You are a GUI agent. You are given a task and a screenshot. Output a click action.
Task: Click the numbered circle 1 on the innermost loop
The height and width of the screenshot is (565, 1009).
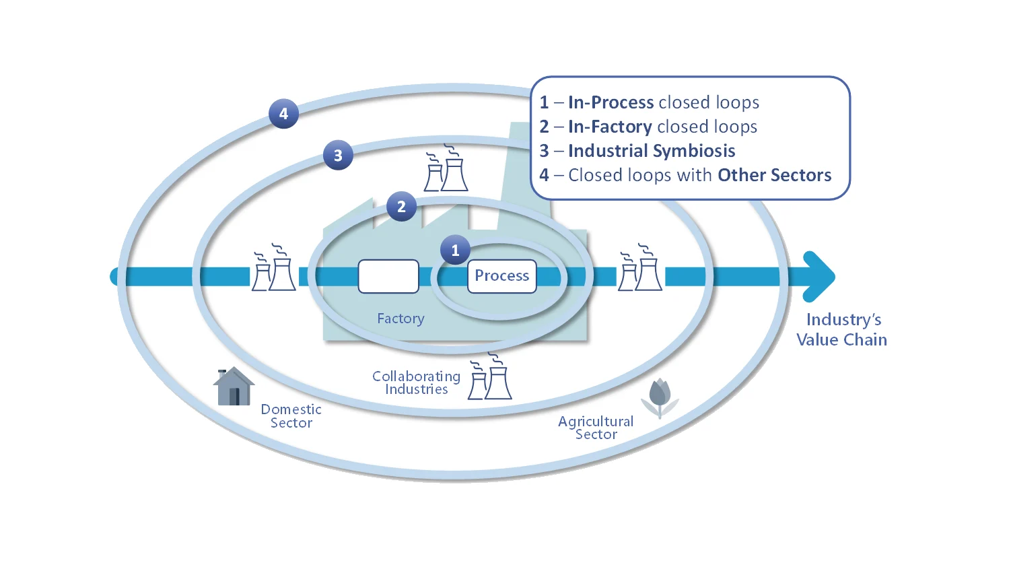[455, 251]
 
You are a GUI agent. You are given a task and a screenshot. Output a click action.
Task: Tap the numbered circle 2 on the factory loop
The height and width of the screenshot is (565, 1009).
[401, 207]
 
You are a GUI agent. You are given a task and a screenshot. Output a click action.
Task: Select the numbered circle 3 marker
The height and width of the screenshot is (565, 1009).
[338, 156]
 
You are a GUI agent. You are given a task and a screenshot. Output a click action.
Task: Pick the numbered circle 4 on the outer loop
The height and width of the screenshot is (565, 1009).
[283, 114]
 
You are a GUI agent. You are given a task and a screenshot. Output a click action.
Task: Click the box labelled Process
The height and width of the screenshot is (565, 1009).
[502, 276]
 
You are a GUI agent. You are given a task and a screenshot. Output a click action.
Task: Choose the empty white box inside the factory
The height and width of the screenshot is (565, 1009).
[388, 276]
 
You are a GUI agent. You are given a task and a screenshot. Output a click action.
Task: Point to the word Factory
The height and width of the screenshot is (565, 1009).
[401, 319]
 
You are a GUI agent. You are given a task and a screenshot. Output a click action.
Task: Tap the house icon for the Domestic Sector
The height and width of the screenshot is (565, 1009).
[234, 387]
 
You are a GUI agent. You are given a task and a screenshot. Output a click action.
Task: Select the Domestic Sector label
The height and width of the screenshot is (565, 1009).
[291, 416]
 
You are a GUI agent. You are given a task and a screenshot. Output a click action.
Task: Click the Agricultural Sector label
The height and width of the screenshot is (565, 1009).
[596, 428]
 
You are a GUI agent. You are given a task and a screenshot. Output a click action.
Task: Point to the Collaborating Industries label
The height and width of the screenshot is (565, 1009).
[416, 383]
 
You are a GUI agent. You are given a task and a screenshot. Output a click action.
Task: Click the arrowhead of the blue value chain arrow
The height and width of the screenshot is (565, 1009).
[820, 276]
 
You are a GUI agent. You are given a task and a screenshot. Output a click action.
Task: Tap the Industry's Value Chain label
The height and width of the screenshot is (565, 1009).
[842, 329]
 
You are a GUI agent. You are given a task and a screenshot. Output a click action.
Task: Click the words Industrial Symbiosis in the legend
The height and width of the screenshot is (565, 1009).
[652, 151]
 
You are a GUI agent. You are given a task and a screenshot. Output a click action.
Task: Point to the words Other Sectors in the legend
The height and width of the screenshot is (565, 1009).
[774, 175]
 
